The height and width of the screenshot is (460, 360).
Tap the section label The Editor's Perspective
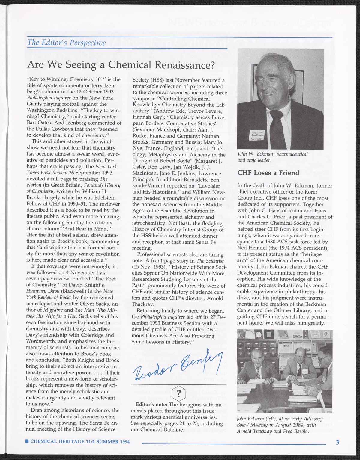coord(66,43)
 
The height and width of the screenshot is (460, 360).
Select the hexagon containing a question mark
coord(179,393)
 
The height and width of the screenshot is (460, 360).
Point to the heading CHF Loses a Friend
coord(268,173)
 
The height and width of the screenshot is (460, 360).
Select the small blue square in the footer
coord(27,441)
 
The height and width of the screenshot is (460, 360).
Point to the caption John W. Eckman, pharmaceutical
coord(272,154)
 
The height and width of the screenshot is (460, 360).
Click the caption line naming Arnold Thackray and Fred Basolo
coord(272,431)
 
